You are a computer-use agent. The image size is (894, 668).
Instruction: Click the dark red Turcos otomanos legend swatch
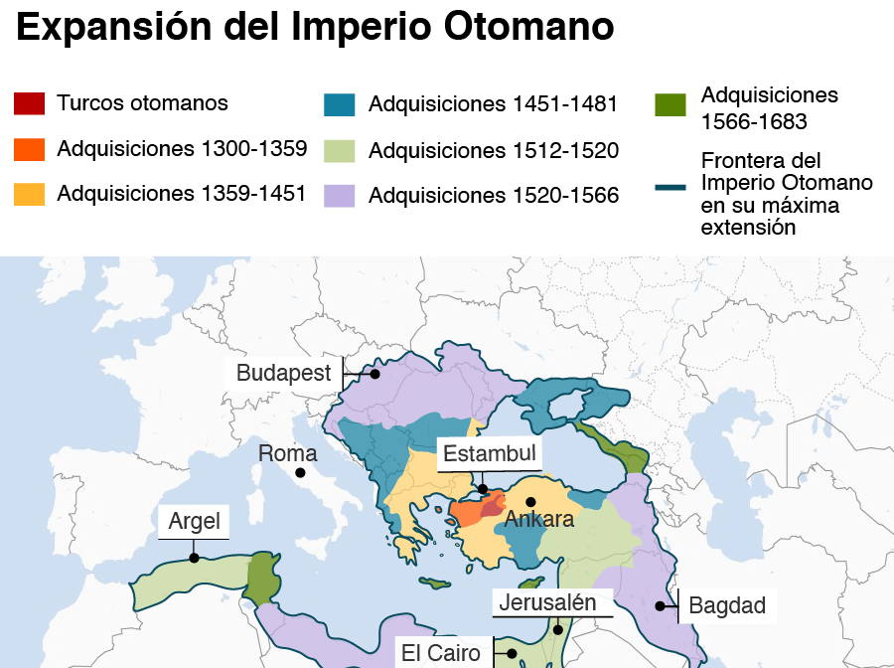coord(30,103)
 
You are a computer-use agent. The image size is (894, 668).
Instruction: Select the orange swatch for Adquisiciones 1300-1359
coord(30,149)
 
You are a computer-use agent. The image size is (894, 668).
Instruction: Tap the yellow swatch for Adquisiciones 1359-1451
coord(30,194)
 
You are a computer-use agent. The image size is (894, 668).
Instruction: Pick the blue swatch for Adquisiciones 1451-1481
coord(340,104)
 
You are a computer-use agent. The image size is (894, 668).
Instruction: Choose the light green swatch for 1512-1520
coord(340,151)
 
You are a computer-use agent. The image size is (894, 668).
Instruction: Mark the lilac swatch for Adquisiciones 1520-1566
coord(340,196)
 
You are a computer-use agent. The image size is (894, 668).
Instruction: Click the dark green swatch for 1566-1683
coord(671,104)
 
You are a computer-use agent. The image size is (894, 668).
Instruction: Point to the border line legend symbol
coord(671,186)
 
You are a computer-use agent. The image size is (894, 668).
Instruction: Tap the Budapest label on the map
coord(284,374)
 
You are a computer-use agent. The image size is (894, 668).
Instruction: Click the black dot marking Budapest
coord(375,375)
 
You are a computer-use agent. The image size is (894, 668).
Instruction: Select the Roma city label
coord(288,454)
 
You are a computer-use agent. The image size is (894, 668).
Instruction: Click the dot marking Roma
coord(300,473)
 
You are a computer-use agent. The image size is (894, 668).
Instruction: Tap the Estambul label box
coord(490,454)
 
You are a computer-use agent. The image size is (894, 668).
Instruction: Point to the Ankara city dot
coord(530,502)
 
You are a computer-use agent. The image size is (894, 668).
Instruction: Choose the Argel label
coord(194,521)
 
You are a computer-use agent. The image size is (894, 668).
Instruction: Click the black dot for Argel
coord(195,558)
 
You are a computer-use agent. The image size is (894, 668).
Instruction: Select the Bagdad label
coord(727,605)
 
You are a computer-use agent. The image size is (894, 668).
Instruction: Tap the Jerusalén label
coord(547,602)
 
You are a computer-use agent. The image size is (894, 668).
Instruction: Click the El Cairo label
coord(441,653)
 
